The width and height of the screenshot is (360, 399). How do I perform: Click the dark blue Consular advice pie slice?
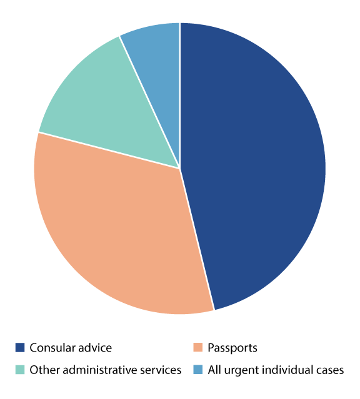pos(256,162)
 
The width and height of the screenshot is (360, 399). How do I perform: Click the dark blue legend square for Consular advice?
pos(20,348)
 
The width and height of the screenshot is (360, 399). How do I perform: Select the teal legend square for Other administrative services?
pos(20,370)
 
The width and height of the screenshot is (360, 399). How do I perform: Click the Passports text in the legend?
pos(232,348)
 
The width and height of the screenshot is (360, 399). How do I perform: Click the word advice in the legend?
pos(94,348)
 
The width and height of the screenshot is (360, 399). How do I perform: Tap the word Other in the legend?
pos(42,370)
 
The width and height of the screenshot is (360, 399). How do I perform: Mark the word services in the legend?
pos(159,370)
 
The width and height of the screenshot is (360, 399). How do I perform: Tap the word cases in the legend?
pos(329,370)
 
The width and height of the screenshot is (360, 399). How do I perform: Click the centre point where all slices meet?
pos(180,168)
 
